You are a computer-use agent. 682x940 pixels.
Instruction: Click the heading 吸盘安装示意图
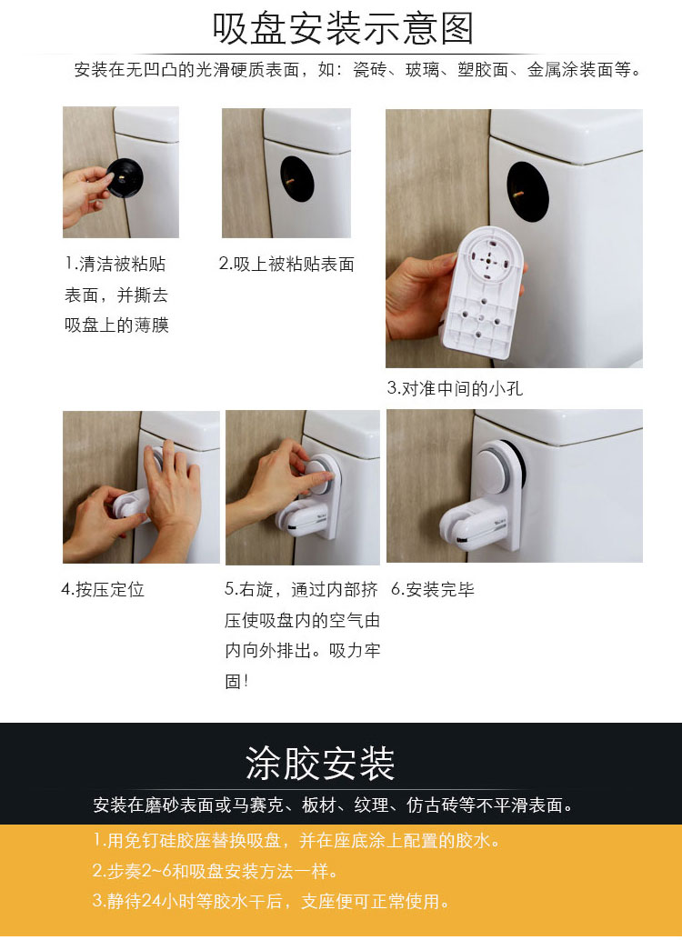[x=343, y=29]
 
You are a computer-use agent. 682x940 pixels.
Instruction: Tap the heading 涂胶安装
[x=320, y=764]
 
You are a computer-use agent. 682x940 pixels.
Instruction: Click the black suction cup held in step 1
[x=125, y=178]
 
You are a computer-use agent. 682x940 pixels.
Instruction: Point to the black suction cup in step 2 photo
[x=297, y=179]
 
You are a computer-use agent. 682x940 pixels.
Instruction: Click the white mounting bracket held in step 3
[x=483, y=293]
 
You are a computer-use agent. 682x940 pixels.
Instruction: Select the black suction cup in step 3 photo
[x=527, y=192]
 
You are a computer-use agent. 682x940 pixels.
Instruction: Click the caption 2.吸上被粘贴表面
[x=286, y=265]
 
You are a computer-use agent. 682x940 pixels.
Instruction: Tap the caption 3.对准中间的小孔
[x=455, y=388]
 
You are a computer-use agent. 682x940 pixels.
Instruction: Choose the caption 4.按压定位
[x=103, y=589]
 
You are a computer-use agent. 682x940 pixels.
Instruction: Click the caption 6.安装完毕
[x=433, y=589]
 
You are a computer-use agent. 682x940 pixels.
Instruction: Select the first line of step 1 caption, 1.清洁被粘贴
[x=115, y=265]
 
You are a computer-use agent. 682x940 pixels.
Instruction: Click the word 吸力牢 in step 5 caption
[x=356, y=650]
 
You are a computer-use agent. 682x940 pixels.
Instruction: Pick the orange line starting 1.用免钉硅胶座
[x=297, y=841]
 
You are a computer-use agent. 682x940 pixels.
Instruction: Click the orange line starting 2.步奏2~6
[x=216, y=871]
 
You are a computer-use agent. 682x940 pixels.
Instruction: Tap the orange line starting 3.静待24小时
[x=271, y=901]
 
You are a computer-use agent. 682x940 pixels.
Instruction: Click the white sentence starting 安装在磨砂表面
[x=334, y=805]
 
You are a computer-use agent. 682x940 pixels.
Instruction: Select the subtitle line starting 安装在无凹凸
[x=358, y=70]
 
